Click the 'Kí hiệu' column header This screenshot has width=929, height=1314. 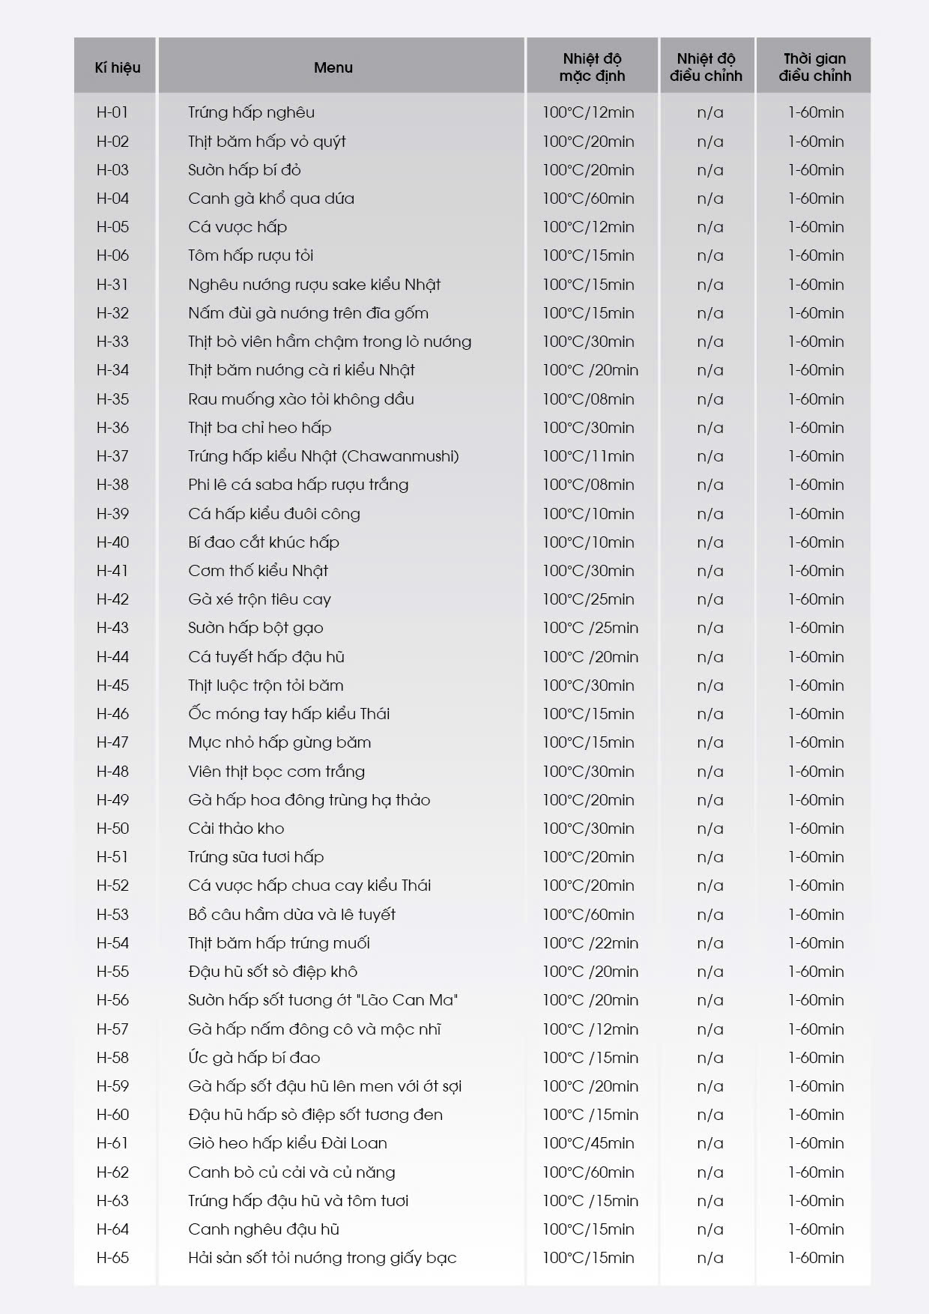point(117,67)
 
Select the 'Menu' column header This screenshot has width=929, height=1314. point(333,67)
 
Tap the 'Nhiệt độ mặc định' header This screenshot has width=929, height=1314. point(592,67)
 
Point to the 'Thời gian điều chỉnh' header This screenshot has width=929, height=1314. point(814,67)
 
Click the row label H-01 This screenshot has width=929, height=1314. point(112,112)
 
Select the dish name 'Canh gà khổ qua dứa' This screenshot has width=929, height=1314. point(271,199)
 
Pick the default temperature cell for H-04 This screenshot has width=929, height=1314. point(588,199)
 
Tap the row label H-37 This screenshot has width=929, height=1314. point(112,456)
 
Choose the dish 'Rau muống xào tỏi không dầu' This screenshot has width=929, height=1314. point(301,399)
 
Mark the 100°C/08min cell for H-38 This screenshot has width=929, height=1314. point(588,485)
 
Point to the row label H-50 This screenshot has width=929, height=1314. point(112,829)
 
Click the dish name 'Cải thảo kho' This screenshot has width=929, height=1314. point(236,829)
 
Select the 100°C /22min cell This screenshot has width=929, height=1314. point(590,943)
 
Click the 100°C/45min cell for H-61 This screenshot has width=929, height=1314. point(588,1143)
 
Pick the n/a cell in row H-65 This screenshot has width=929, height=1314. point(709,1258)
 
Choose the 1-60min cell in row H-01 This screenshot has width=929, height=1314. point(815,112)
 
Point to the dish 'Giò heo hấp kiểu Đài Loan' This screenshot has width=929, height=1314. point(288,1143)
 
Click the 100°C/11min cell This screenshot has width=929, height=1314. point(588,456)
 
